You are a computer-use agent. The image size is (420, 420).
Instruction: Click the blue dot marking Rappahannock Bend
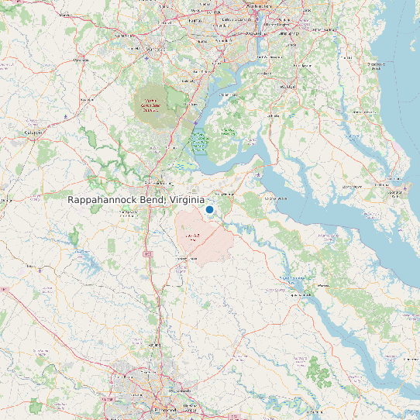[x=209, y=209]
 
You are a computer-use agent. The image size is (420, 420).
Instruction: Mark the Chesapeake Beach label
[x=377, y=67]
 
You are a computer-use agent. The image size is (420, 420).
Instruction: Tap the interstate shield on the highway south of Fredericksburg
[x=146, y=253]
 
